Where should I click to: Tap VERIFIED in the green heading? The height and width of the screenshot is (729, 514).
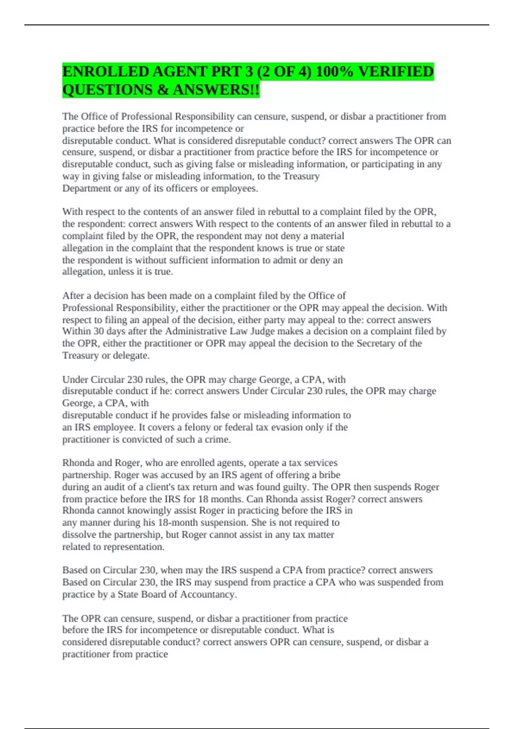click(x=396, y=71)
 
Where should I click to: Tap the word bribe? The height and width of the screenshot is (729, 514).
click(x=329, y=475)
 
